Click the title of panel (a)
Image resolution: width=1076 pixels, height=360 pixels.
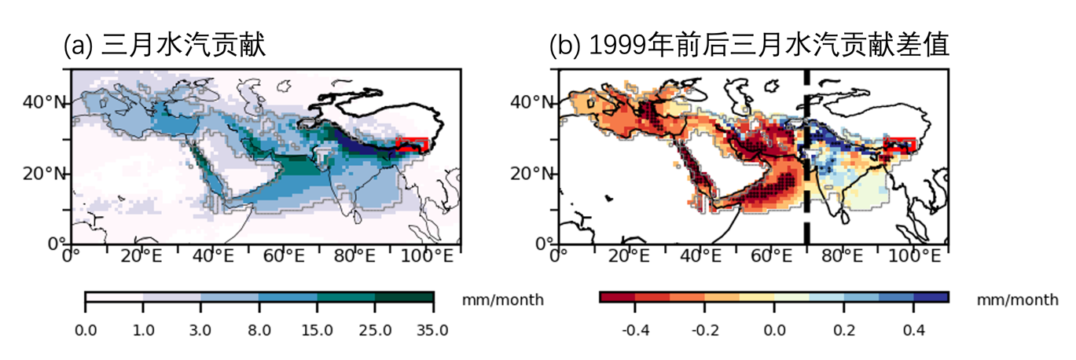point(165,46)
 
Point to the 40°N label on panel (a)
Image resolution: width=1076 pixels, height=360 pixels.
point(46,101)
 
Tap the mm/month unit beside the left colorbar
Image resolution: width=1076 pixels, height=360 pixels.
point(501,299)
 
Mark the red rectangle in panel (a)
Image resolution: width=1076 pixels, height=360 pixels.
point(413,145)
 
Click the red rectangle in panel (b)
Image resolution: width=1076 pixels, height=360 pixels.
point(901,145)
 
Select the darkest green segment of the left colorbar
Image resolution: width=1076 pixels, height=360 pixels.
point(404,297)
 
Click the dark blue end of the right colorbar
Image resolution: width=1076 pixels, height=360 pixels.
point(931,297)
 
